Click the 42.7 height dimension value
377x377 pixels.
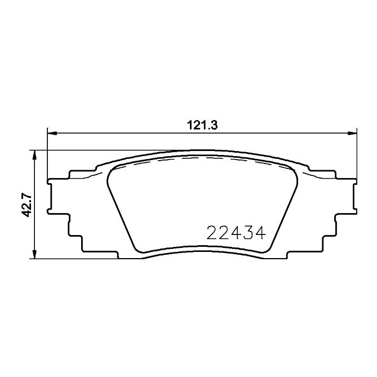[x=25, y=204]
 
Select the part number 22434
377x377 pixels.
[x=236, y=232]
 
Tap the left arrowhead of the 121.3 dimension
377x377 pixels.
[x=51, y=134]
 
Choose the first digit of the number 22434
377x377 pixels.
[x=212, y=232]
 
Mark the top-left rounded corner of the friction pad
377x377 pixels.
[x=112, y=172]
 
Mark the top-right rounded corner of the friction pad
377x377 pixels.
[x=294, y=172]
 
